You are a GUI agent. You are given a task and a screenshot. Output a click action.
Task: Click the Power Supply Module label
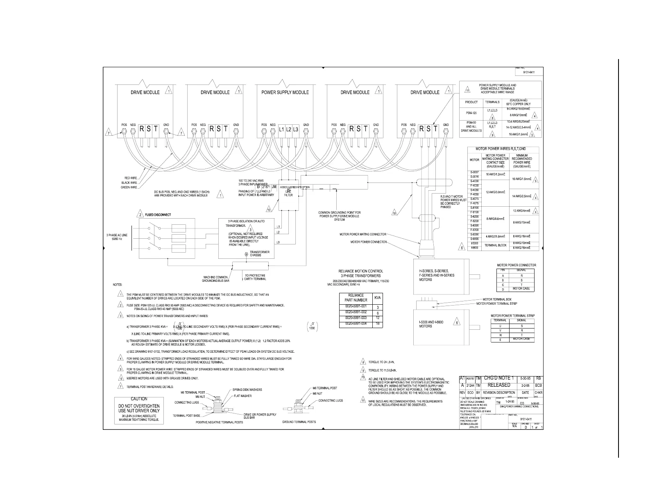click(x=285, y=92)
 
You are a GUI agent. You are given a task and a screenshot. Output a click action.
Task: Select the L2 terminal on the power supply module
click(x=288, y=130)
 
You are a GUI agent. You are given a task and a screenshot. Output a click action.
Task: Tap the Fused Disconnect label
click(x=158, y=215)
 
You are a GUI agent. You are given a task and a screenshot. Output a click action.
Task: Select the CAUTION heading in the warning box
click(x=139, y=399)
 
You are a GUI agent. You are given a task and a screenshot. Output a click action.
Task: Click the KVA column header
click(x=377, y=297)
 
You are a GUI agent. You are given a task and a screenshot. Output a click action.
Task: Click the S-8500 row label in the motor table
click(x=475, y=239)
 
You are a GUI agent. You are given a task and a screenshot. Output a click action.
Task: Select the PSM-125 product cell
click(x=471, y=112)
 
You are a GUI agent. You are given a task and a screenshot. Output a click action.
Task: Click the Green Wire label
click(x=129, y=187)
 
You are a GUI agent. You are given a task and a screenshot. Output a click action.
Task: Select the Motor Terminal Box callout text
click(x=497, y=299)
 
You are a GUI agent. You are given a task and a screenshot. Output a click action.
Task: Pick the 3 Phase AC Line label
click(x=117, y=237)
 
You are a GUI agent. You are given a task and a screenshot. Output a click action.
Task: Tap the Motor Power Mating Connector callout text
click(x=363, y=235)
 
